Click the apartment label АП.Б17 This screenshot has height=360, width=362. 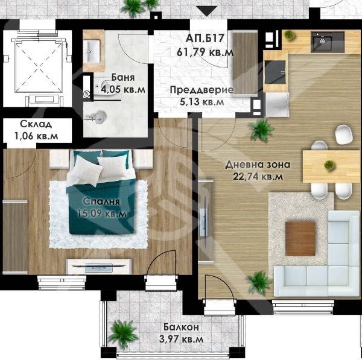[205, 39]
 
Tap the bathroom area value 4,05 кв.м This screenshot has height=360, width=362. [123, 89]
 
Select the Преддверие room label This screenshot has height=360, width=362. [202, 90]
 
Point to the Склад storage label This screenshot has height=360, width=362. [36, 124]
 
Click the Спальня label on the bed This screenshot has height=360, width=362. [101, 201]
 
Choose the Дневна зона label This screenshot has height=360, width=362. [258, 165]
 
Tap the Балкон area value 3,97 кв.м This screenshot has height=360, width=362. [181, 339]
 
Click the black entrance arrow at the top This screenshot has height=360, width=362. [208, 11]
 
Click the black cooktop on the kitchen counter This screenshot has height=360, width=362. [275, 72]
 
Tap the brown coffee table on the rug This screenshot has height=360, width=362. [300, 239]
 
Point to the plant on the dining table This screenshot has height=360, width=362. [329, 165]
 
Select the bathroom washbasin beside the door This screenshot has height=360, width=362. [92, 52]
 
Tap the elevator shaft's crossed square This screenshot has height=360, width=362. [39, 68]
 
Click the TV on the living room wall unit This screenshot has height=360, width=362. [204, 223]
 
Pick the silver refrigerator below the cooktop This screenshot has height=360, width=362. [277, 104]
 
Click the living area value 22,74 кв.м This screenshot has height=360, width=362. [258, 177]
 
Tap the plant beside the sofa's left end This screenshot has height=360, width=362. [259, 283]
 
